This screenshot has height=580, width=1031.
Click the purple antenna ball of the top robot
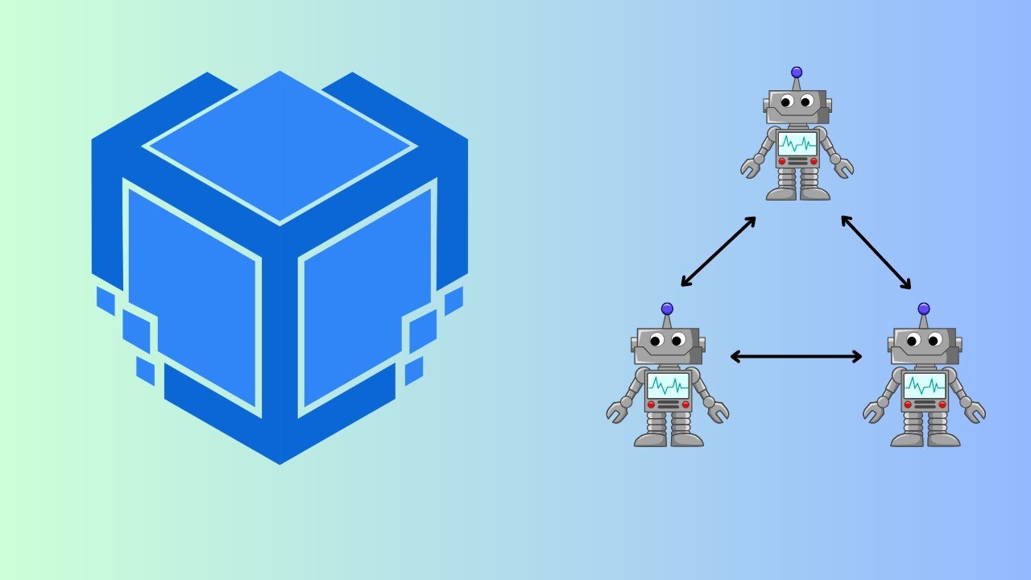pos(797,72)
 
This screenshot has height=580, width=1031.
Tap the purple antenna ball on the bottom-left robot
pos(667,309)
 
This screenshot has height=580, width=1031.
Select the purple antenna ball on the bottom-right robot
pos(924,309)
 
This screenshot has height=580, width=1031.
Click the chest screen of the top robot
pos(797,144)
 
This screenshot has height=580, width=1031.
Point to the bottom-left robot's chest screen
pos(668,384)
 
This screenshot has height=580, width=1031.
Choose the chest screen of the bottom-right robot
pos(925,384)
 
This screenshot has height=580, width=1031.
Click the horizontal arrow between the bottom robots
pos(796,356)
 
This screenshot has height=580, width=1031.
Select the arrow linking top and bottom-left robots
pos(718,251)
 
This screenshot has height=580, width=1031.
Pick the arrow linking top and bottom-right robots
pos(876,251)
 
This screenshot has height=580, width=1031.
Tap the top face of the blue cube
pos(279,147)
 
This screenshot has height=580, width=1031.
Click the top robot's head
pos(797,106)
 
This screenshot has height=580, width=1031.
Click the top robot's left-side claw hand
pos(751,168)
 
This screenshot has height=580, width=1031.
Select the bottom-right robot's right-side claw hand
pos(975,412)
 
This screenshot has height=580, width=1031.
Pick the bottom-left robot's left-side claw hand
pos(617,412)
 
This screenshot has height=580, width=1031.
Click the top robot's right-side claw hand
pos(843,168)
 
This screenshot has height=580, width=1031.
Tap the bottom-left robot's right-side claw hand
pos(718,412)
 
